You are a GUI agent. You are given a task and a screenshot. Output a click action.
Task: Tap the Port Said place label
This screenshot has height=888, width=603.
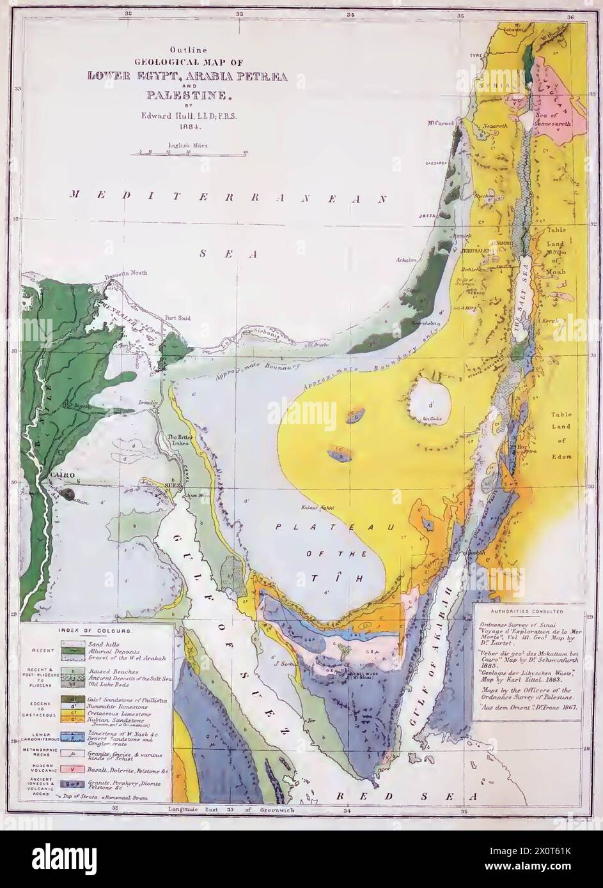click(175, 317)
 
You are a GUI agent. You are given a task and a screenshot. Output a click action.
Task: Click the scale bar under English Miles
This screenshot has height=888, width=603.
click(192, 153)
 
